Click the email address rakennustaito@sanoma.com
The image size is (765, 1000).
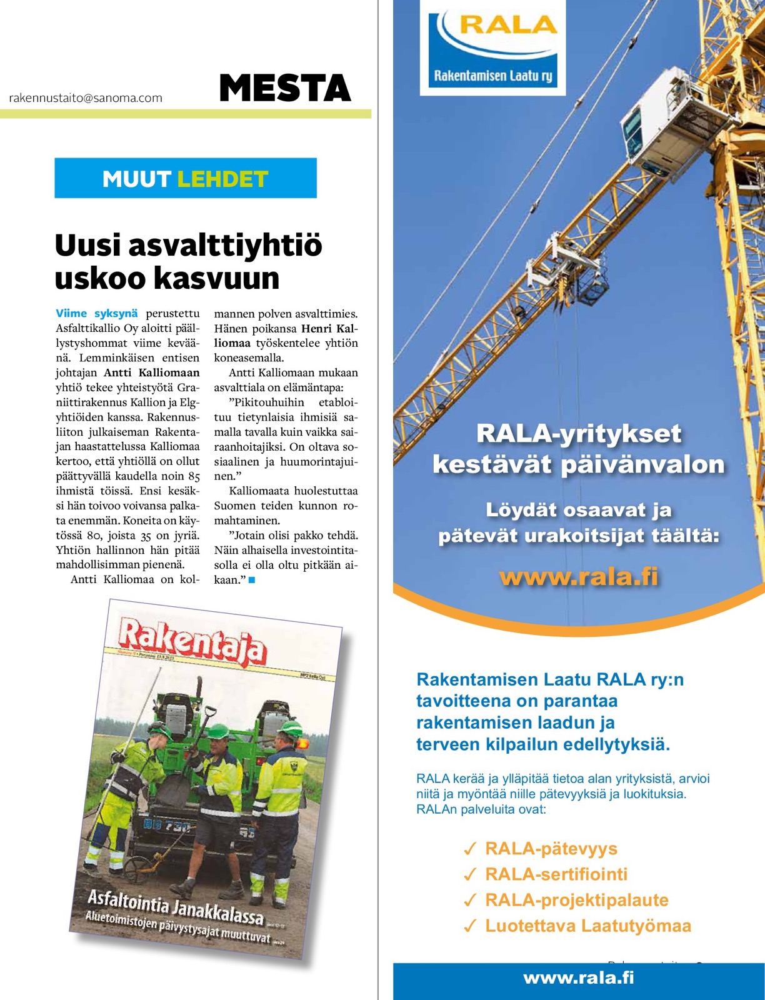point(86,98)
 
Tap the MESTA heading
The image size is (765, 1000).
point(285,88)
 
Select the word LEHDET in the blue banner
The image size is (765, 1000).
point(222,179)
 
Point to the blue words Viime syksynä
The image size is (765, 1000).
point(96,314)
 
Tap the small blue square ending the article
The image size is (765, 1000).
point(252,580)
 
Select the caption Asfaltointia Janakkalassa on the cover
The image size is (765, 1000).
point(176,907)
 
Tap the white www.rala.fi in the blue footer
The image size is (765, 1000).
point(579,977)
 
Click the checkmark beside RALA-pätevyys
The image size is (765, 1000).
point(470,849)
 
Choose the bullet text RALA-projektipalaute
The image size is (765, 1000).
point(577,900)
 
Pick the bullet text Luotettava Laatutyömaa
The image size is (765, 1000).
point(588,926)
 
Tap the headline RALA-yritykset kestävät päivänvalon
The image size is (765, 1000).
point(579,449)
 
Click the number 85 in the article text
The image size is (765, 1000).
point(193,476)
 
